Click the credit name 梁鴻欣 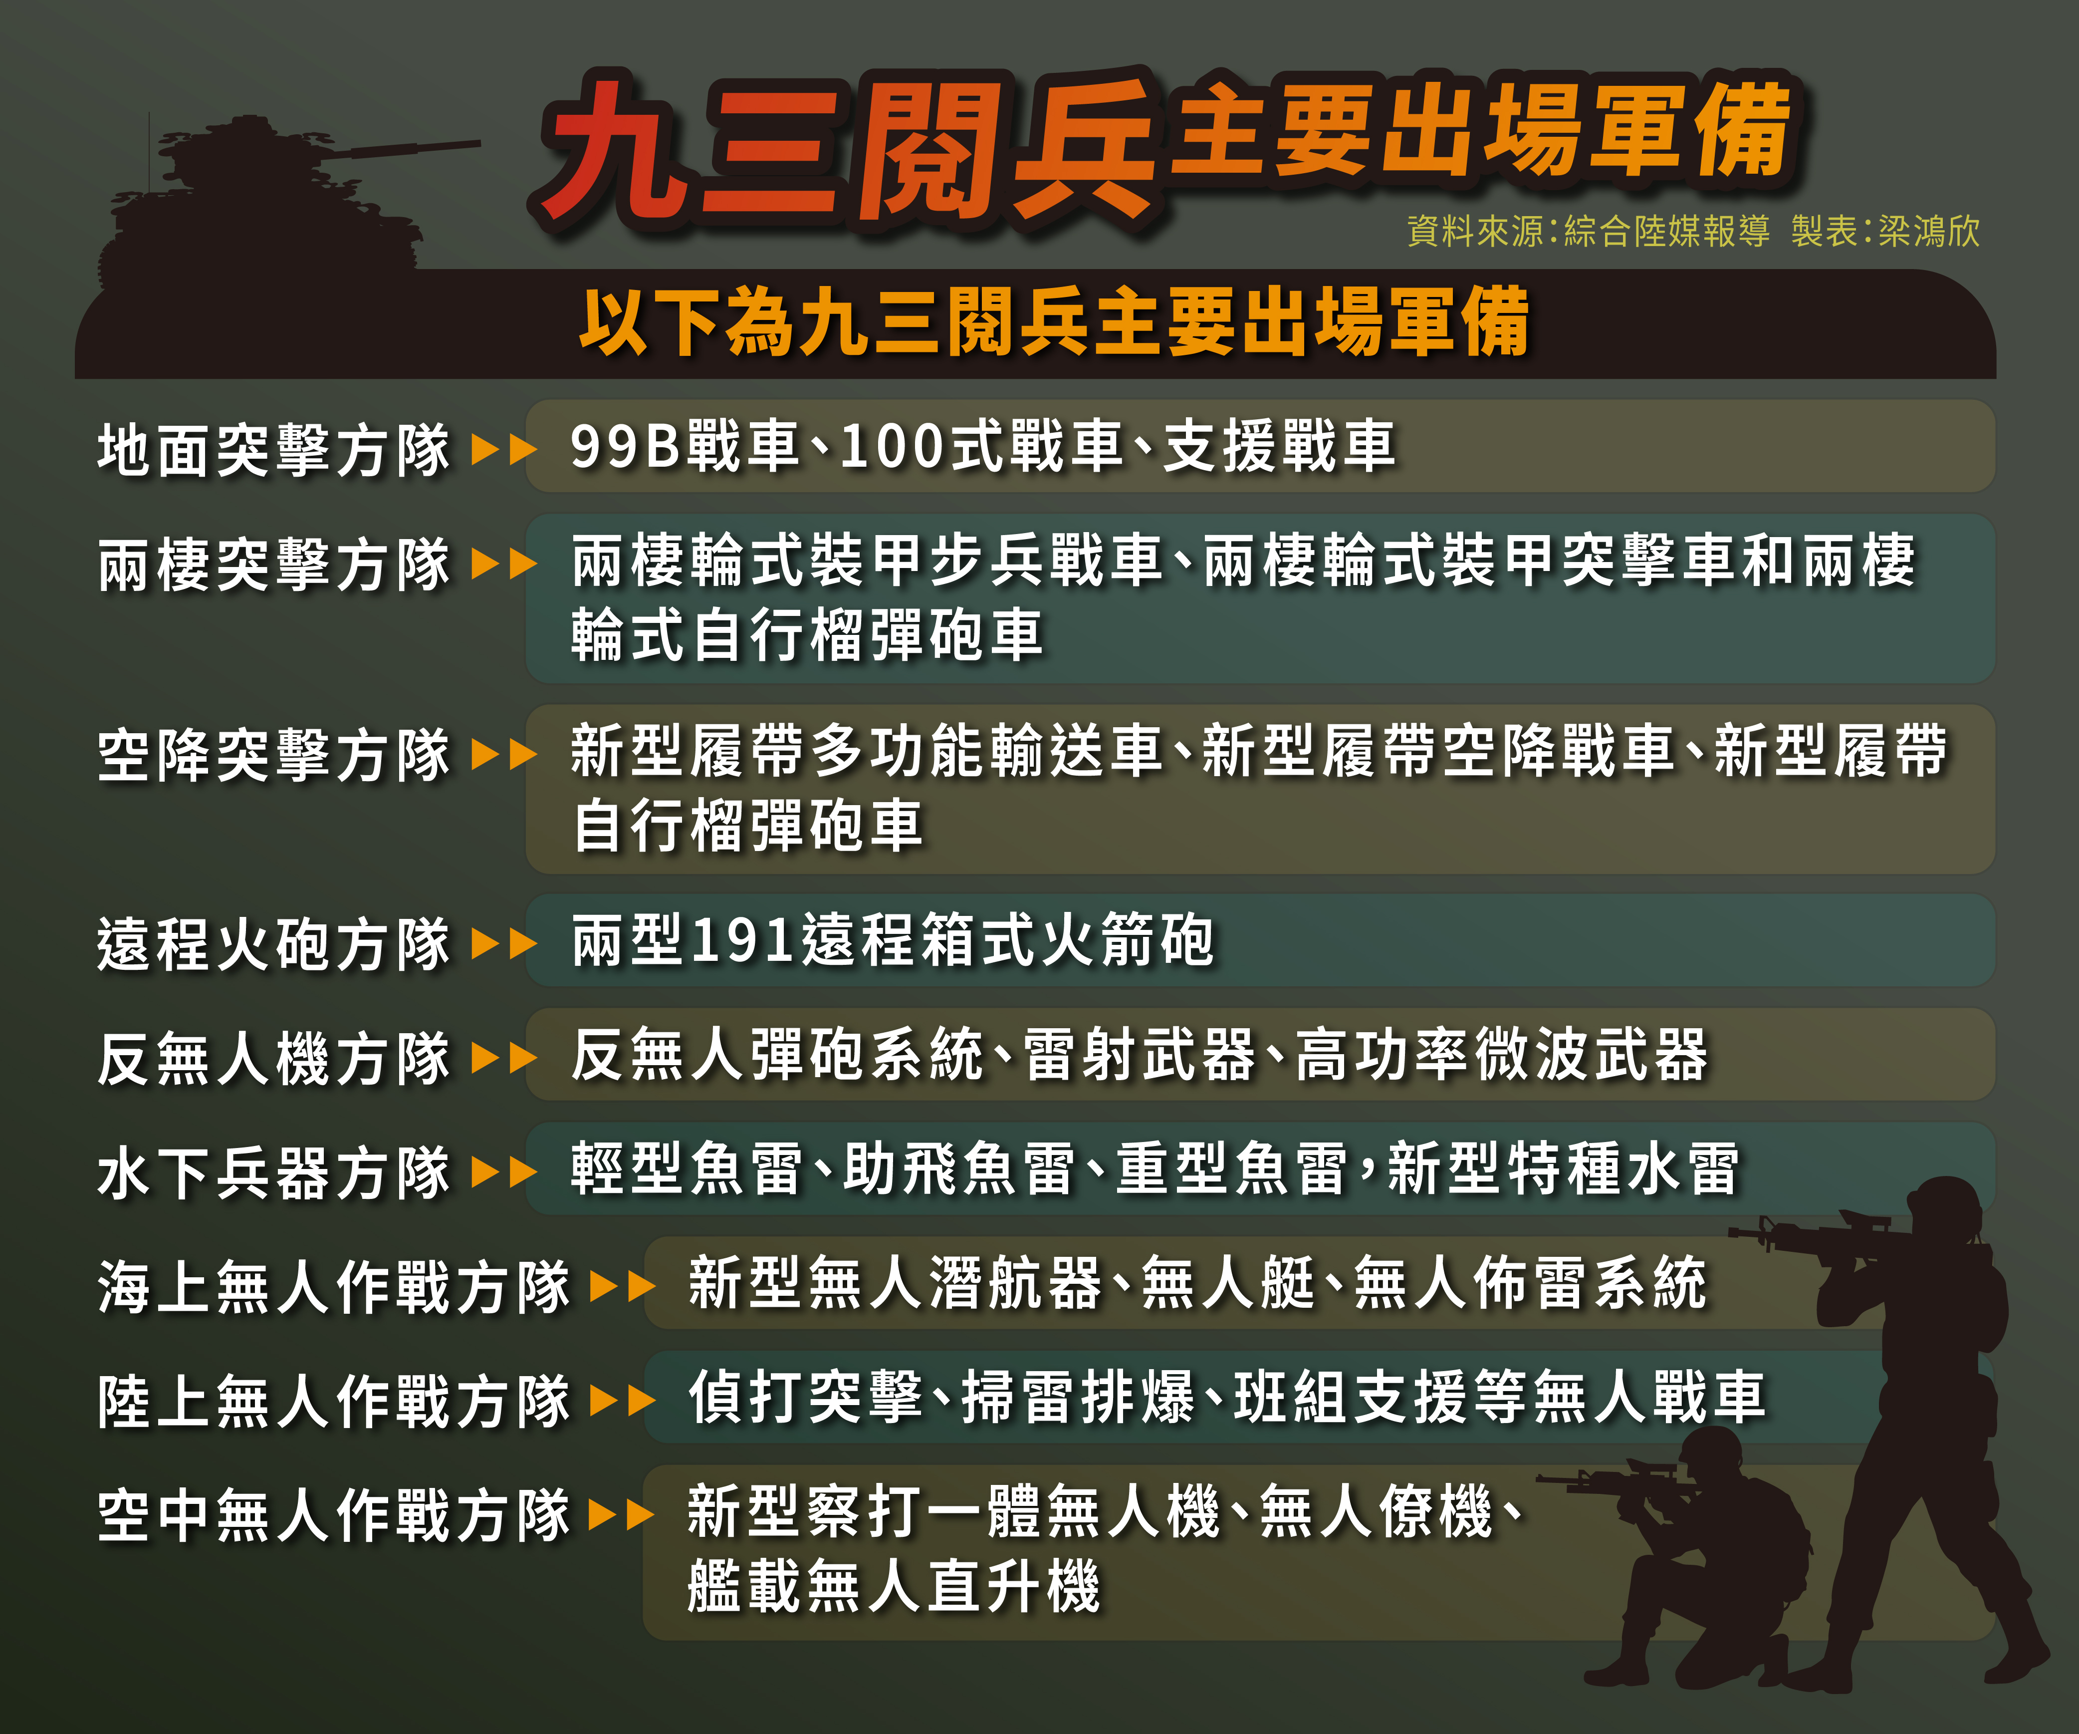(1928, 232)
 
